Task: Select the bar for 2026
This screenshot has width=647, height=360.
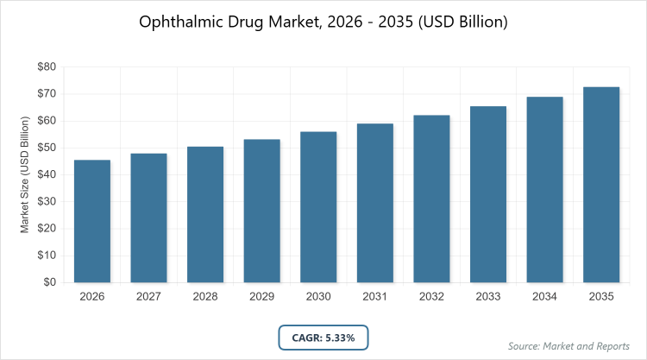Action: click(92, 221)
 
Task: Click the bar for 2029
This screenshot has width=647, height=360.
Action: click(262, 211)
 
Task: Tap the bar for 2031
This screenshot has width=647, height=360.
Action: click(375, 203)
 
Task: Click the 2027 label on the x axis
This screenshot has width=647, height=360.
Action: click(149, 297)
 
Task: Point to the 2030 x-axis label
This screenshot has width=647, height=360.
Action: click(318, 297)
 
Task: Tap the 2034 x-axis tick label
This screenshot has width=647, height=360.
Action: click(544, 297)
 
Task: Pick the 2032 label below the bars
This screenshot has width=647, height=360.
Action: click(431, 297)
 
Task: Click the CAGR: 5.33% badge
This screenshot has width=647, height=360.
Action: click(323, 337)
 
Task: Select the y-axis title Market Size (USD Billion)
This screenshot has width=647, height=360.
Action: click(26, 174)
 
